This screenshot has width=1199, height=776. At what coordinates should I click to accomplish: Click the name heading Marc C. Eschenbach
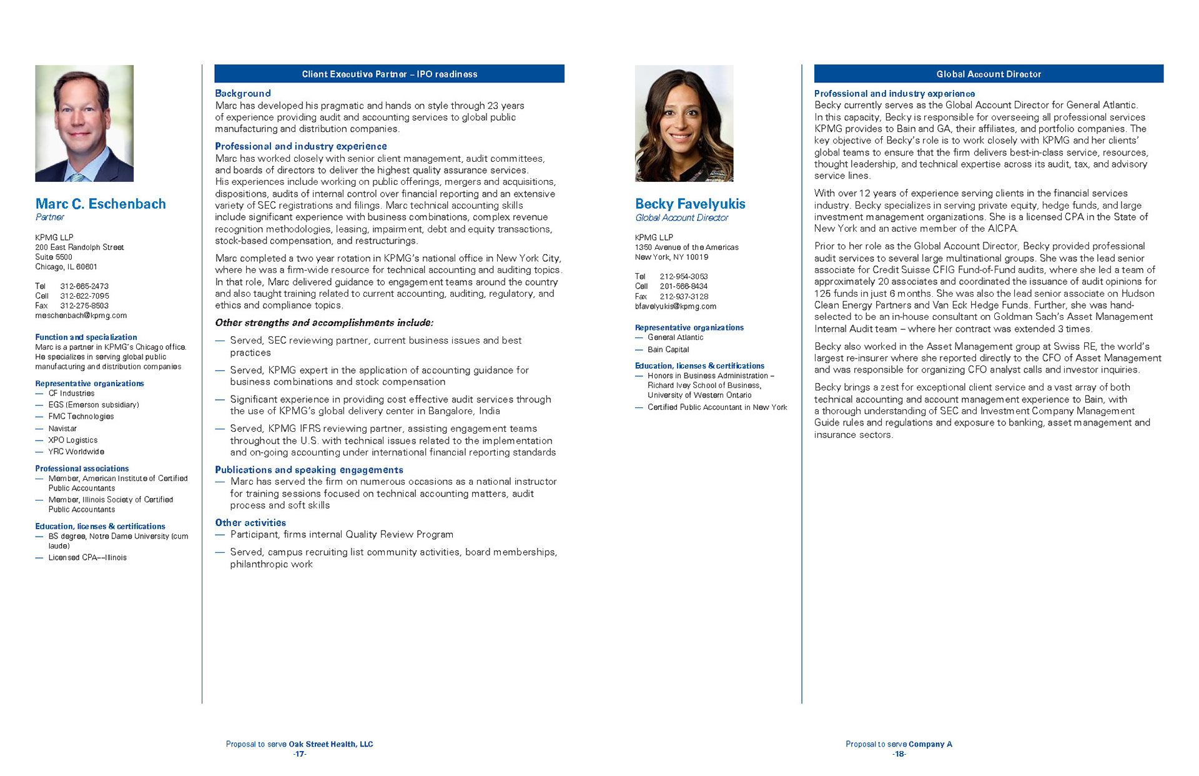pyautogui.click(x=101, y=204)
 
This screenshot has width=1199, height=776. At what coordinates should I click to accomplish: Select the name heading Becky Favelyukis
pyautogui.click(x=690, y=204)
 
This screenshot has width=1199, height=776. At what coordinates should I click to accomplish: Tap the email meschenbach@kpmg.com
pyautogui.click(x=81, y=316)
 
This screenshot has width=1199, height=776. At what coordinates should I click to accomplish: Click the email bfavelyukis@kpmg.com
pyautogui.click(x=675, y=306)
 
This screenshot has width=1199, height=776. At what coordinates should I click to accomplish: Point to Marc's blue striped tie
pyautogui.click(x=77, y=177)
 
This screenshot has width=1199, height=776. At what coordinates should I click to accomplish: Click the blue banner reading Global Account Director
pyautogui.click(x=988, y=74)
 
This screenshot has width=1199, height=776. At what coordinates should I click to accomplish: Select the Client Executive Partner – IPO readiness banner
pyautogui.click(x=389, y=74)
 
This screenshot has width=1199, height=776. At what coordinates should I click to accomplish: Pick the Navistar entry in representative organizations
pyautogui.click(x=62, y=429)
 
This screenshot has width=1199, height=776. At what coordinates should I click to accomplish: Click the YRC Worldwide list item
pyautogui.click(x=76, y=452)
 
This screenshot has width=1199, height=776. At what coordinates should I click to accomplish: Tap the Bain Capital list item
pyautogui.click(x=668, y=349)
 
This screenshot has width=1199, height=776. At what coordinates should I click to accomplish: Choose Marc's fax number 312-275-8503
pyautogui.click(x=84, y=306)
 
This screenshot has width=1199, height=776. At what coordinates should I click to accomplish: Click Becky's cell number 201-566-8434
pyautogui.click(x=684, y=286)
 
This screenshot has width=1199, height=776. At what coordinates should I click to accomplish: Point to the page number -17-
pyautogui.click(x=300, y=754)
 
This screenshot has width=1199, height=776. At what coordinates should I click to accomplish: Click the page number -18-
pyautogui.click(x=899, y=754)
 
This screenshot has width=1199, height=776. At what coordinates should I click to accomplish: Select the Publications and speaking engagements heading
pyautogui.click(x=309, y=470)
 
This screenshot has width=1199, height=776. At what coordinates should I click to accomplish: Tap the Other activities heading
pyautogui.click(x=250, y=522)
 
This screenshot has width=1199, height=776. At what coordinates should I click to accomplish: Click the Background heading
pyautogui.click(x=243, y=93)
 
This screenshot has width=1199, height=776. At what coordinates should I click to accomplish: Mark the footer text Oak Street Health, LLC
pyautogui.click(x=331, y=744)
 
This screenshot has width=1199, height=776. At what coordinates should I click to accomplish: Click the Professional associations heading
pyautogui.click(x=82, y=469)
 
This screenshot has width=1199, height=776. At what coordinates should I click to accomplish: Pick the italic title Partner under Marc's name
pyautogui.click(x=49, y=217)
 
